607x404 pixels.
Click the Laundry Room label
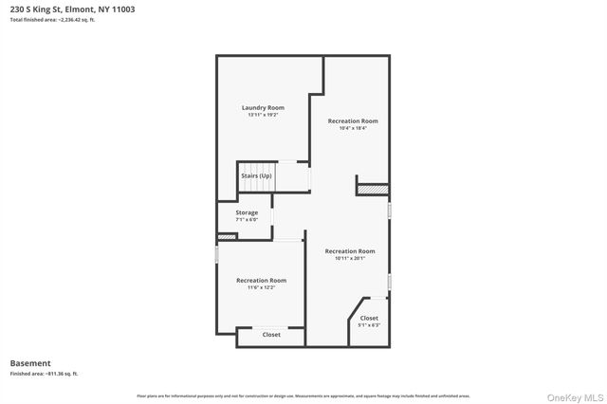point(263,108)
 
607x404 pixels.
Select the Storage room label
point(247,212)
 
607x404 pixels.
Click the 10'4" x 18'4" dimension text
point(353,128)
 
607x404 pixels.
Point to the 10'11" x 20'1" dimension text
point(350,258)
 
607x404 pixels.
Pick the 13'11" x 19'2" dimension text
point(263,115)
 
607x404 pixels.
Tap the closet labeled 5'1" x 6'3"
point(369,321)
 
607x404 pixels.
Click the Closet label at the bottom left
point(271,334)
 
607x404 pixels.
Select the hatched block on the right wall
point(372,190)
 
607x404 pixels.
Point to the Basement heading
point(30,362)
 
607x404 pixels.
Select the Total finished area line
point(52,19)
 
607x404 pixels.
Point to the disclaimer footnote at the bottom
point(303,395)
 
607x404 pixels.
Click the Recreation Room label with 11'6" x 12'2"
point(261,280)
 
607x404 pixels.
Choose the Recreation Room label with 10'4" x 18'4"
point(353,121)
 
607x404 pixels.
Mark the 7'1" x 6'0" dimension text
point(247,219)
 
